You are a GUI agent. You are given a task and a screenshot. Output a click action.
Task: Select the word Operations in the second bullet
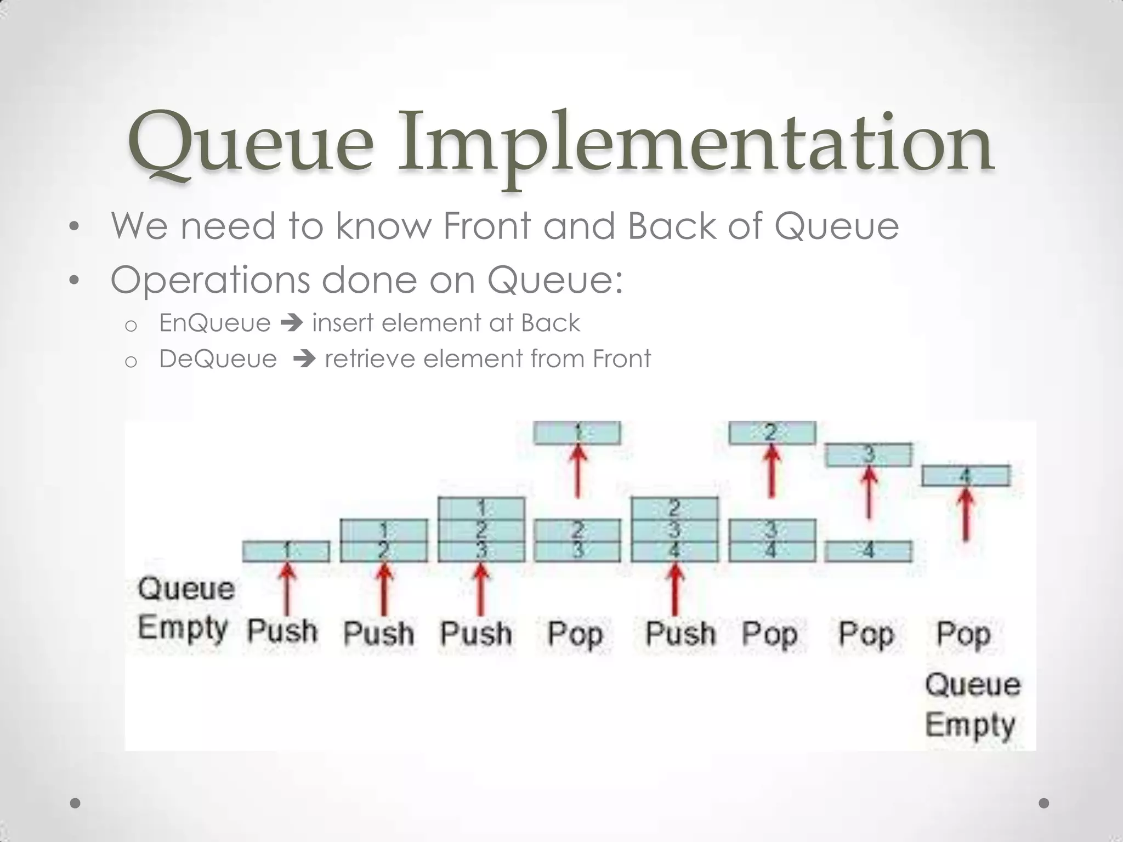(210, 280)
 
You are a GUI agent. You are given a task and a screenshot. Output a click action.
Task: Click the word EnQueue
(215, 323)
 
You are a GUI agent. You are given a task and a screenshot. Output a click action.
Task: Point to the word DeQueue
(218, 359)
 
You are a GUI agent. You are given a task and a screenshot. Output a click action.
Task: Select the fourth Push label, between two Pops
(680, 633)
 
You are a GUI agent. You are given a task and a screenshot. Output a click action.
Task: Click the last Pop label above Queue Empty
(963, 634)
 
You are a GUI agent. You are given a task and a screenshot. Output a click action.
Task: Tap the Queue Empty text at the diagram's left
(185, 608)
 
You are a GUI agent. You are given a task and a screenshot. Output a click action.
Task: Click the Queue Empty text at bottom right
(972, 704)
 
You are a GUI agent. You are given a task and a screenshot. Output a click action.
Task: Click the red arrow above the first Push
(287, 589)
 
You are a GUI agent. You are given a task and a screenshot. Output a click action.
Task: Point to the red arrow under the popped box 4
(966, 514)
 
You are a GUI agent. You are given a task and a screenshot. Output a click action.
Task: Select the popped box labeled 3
(869, 455)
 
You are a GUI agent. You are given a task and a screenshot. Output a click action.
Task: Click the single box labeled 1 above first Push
(286, 551)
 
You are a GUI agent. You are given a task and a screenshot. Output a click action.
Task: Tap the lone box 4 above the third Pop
(869, 551)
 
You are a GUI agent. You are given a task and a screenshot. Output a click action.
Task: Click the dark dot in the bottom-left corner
(76, 803)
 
